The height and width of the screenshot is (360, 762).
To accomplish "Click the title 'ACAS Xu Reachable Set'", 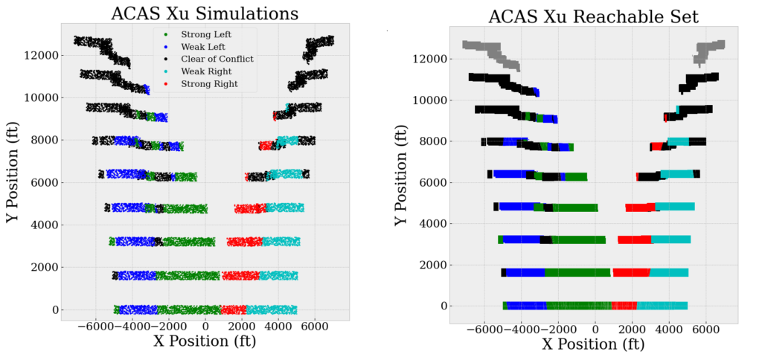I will coord(593,16).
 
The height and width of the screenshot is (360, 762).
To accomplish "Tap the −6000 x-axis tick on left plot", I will coord(96,325).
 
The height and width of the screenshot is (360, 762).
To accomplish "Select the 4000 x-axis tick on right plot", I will coord(668,329).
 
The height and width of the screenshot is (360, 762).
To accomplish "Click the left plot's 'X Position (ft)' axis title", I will coord(205,342).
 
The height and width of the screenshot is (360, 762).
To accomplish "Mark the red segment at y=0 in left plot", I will coord(233,309).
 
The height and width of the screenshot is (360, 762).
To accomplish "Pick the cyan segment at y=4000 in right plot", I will coord(674,207).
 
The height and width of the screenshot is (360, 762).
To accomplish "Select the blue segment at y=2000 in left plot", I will coord(138,275).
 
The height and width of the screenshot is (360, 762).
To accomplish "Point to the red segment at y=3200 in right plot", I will coord(634,240).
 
